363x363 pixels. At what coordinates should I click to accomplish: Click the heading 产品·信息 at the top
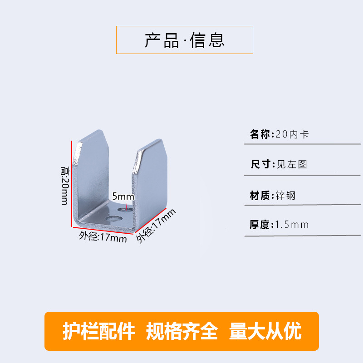pos(184,40)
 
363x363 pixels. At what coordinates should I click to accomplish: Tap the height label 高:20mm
pos(64,185)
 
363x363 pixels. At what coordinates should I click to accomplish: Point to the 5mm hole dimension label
pos(123,196)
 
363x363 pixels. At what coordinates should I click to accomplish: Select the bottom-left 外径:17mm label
pos(102,237)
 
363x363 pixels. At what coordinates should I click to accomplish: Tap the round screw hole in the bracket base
pos(110,219)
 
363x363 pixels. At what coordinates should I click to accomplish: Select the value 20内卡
pos(292,135)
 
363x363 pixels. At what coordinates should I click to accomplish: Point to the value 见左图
pos(292,164)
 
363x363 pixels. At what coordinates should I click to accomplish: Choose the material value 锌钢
pos(286,196)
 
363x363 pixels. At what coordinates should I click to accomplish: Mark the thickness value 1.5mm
pos(292,224)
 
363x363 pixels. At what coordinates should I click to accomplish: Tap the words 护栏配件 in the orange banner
pos(98,332)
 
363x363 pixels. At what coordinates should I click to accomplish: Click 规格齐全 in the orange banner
pos(182,332)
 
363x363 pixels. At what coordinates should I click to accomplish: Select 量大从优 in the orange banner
pos(266,332)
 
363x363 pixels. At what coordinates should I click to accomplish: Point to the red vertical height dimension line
pos(71,181)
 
